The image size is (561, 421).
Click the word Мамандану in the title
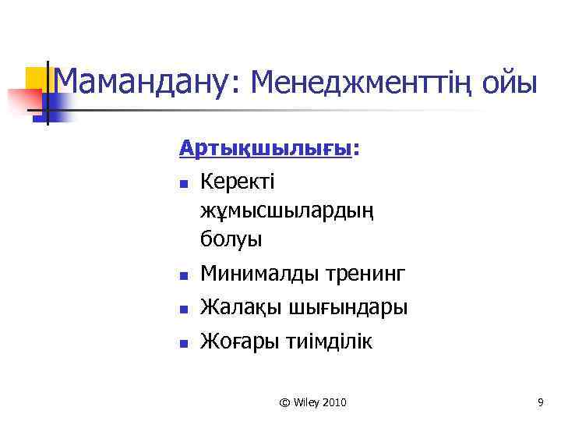141,81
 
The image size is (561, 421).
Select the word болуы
231,238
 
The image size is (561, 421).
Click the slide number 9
540,402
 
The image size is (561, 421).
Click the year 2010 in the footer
333,402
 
